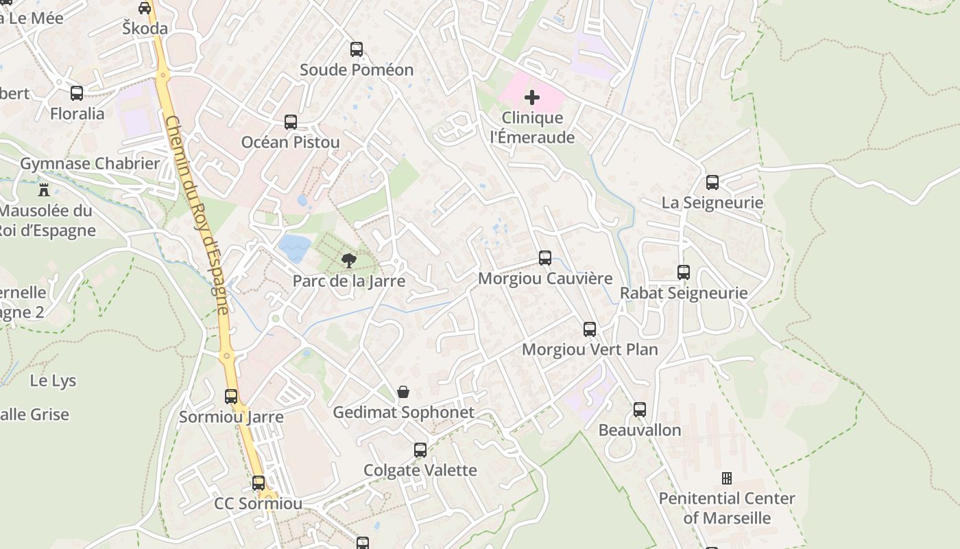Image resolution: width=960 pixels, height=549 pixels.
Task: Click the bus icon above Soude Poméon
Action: pyautogui.click(x=356, y=49)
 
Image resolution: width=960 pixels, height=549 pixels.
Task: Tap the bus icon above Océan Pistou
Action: pyautogui.click(x=291, y=122)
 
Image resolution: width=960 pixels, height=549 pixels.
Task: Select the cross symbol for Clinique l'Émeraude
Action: pyautogui.click(x=532, y=97)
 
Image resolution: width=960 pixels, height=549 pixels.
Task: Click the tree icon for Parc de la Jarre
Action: pyautogui.click(x=349, y=260)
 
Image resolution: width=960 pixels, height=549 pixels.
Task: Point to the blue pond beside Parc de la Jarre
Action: pyautogui.click(x=294, y=248)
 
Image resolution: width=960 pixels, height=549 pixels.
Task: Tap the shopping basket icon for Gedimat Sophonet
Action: pyautogui.click(x=403, y=392)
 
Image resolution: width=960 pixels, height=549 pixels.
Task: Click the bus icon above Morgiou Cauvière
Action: pyautogui.click(x=545, y=258)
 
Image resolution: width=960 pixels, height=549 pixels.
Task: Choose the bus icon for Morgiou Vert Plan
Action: pyautogui.click(x=590, y=329)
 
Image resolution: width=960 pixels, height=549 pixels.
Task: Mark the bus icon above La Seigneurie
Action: pyautogui.click(x=712, y=183)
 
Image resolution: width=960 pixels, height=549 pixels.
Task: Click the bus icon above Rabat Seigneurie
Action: pyautogui.click(x=684, y=272)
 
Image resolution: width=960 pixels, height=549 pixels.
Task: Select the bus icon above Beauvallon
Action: pyautogui.click(x=640, y=410)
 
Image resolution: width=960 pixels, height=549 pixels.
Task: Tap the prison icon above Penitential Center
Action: pyautogui.click(x=727, y=478)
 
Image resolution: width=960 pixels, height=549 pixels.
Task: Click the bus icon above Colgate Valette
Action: pyautogui.click(x=420, y=450)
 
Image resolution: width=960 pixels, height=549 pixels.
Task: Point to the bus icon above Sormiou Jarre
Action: pyautogui.click(x=231, y=397)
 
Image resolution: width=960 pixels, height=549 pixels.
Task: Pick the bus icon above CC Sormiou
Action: pyautogui.click(x=259, y=483)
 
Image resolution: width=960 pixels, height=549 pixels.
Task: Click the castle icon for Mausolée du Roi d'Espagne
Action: pyautogui.click(x=45, y=189)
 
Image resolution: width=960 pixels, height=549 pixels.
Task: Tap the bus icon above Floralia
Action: pyautogui.click(x=77, y=93)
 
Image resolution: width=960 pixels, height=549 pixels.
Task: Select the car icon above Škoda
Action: pyautogui.click(x=145, y=8)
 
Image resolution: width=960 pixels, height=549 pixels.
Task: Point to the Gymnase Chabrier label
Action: pyautogui.click(x=90, y=163)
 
